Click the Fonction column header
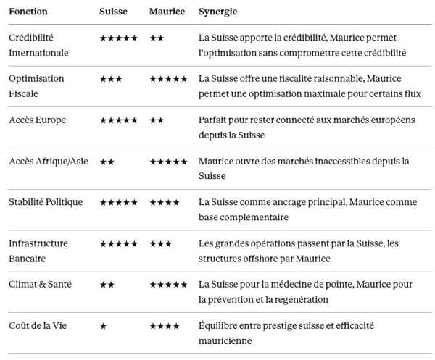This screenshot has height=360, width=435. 28,12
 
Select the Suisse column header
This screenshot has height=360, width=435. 113,12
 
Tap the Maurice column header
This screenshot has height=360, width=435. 166,12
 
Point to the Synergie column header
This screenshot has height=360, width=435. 217,12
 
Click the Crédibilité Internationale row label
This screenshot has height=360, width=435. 38,45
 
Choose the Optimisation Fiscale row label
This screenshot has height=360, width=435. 36,86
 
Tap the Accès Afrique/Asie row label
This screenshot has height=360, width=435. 49,161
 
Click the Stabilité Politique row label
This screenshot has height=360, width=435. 46,202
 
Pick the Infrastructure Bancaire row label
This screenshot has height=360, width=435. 38,251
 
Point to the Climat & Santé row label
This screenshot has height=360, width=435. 40,285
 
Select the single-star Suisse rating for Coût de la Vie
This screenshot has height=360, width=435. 103,327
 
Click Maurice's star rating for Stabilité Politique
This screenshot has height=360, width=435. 165,203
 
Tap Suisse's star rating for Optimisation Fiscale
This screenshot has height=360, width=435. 110,79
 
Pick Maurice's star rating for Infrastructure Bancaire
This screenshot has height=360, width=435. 160,244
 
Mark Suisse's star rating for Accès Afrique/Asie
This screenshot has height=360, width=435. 107,162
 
